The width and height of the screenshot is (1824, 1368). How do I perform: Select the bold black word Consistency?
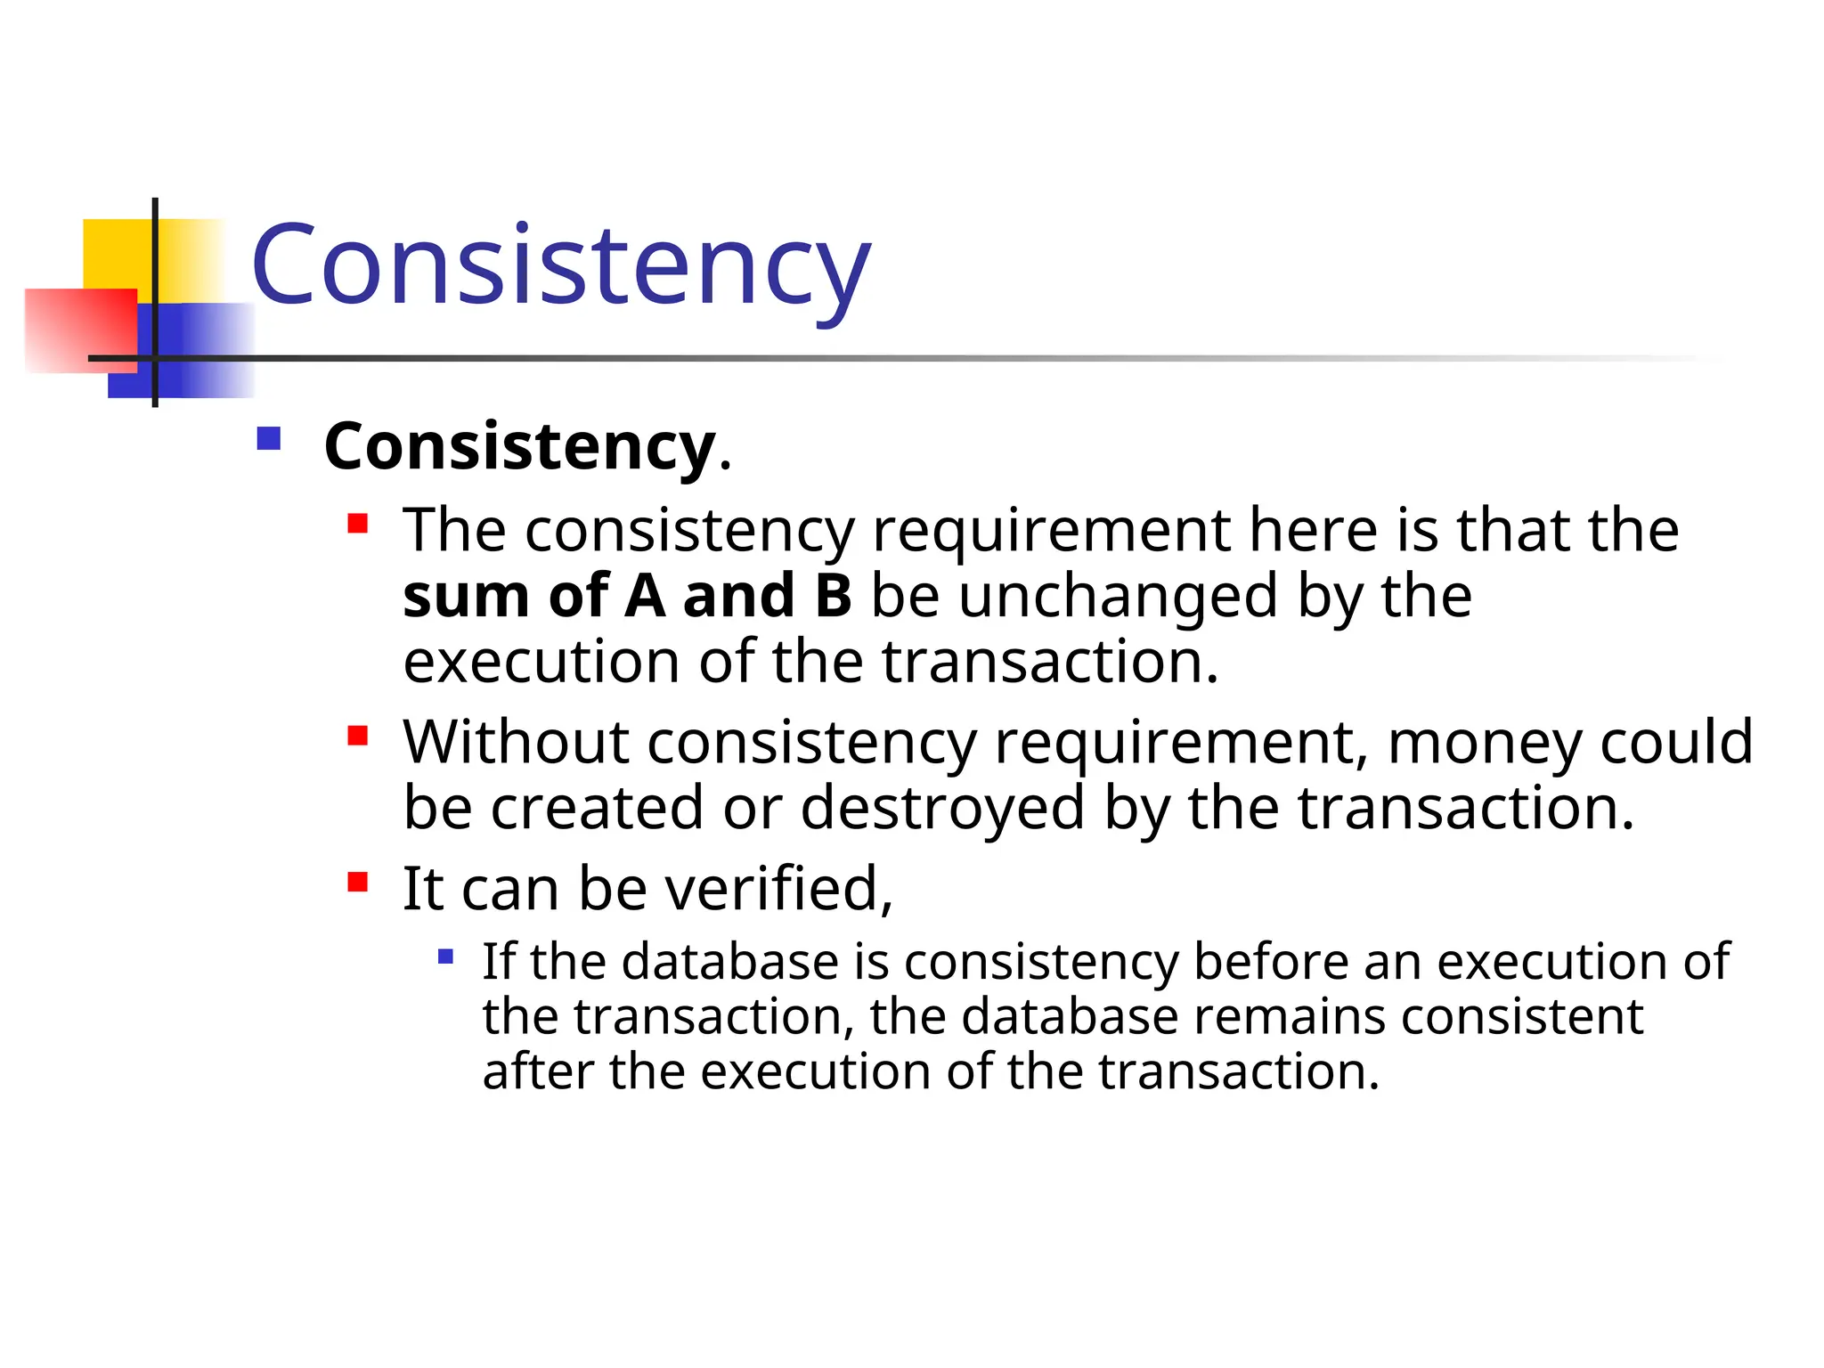coord(520,446)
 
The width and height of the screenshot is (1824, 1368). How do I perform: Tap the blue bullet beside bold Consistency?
coord(268,439)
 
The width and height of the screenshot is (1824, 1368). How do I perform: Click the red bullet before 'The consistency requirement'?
coord(358,523)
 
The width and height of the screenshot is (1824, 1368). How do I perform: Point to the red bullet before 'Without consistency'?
coord(358,736)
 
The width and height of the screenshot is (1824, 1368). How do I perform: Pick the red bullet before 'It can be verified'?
coord(358,882)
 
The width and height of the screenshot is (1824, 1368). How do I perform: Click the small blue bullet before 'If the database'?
coord(446,957)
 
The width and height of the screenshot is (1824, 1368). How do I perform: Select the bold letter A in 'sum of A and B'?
coord(645,596)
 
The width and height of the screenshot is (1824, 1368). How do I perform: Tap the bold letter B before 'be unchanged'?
coord(833,596)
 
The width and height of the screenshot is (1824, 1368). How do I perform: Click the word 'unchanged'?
coord(1119,596)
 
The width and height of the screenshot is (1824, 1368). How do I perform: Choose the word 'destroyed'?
coord(942,808)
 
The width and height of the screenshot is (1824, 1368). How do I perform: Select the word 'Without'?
coord(516,742)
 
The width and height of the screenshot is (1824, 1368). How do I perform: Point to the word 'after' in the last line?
coord(538,1071)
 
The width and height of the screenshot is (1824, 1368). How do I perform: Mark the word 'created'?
coord(598,808)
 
